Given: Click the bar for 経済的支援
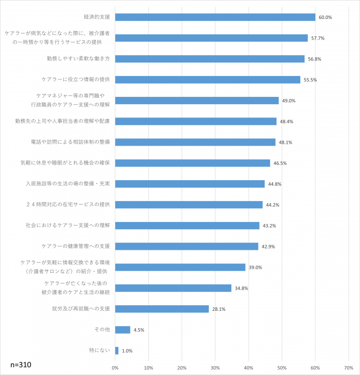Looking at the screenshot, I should click(x=215, y=17).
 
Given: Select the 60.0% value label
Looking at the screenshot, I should click(x=325, y=18).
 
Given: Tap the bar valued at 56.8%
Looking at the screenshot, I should click(x=210, y=59).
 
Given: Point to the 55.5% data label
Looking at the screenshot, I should click(x=310, y=80).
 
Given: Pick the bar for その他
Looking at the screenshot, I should click(x=123, y=330).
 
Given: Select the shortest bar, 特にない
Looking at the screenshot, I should click(x=117, y=351).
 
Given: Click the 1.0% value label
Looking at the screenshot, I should click(x=127, y=351).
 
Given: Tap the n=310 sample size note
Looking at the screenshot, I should click(x=21, y=364).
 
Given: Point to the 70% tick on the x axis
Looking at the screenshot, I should click(x=348, y=368).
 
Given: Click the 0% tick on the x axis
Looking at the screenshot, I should click(x=115, y=368).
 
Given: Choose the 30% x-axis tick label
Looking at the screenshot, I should click(x=216, y=368).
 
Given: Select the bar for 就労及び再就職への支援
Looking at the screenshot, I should click(x=162, y=309).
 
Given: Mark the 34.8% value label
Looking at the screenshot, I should click(x=241, y=288).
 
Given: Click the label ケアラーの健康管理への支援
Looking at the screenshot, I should click(x=76, y=246).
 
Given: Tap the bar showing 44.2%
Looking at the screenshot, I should click(x=189, y=205).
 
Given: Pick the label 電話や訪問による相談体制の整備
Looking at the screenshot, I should click(x=70, y=142).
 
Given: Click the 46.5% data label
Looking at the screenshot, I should click(x=280, y=164).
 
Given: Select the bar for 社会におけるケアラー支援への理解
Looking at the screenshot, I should click(x=187, y=225).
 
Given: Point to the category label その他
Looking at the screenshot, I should click(x=102, y=330).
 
